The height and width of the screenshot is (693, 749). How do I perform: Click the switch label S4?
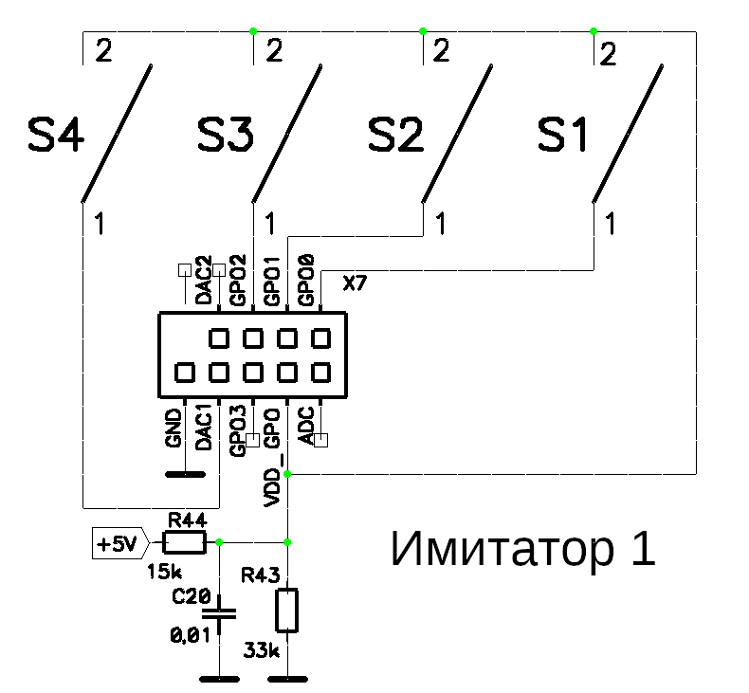tap(56, 135)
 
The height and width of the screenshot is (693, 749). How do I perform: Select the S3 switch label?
tap(226, 135)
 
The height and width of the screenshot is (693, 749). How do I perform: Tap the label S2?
tap(395, 135)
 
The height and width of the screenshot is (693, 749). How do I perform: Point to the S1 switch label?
tap(563, 135)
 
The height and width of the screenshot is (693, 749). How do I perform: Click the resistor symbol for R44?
tap(184, 542)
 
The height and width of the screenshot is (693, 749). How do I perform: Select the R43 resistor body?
tap(287, 611)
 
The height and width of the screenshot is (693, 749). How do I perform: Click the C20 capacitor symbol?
tap(219, 614)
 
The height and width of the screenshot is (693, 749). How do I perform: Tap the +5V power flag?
tap(120, 543)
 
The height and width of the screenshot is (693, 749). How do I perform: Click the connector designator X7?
tap(355, 283)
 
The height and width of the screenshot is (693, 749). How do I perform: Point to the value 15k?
tap(164, 572)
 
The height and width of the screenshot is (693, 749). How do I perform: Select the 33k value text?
tap(262, 650)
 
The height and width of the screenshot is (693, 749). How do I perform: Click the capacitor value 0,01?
tap(191, 635)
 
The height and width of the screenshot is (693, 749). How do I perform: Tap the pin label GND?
tap(174, 428)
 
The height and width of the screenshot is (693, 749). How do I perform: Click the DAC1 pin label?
tap(204, 428)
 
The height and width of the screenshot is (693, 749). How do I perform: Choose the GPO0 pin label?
tap(305, 281)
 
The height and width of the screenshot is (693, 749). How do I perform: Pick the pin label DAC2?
tap(204, 281)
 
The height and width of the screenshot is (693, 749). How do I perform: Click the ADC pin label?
tap(306, 426)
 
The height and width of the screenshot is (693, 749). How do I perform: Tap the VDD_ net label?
tap(273, 480)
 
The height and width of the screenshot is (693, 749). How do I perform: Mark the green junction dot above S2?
tap(423, 31)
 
